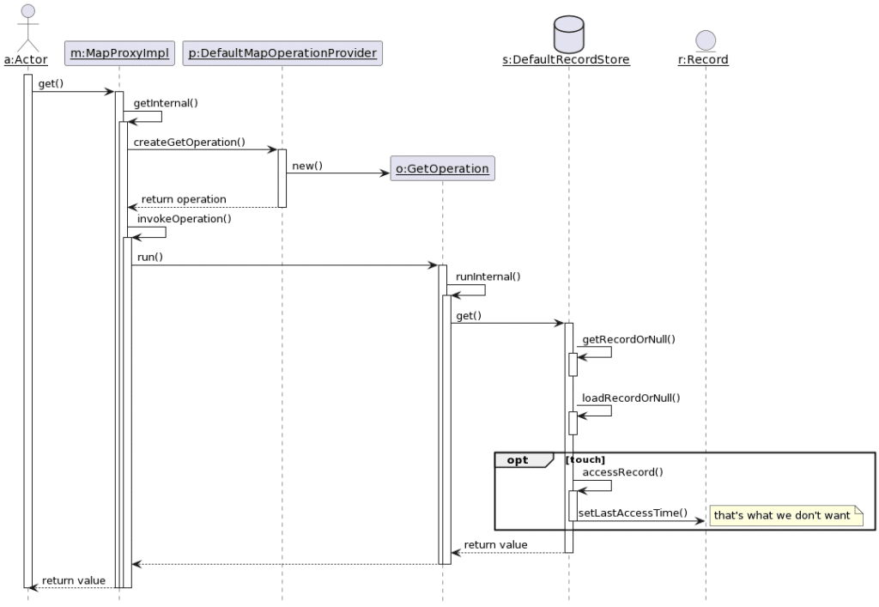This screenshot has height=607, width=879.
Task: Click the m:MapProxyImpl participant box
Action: pyautogui.click(x=119, y=53)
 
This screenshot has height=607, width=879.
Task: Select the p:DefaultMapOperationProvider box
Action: pyautogui.click(x=282, y=53)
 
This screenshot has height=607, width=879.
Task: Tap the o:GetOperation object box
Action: pyautogui.click(x=442, y=168)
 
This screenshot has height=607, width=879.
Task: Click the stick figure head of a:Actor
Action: pyautogui.click(x=27, y=12)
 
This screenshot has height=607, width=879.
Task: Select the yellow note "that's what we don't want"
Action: pyautogui.click(x=786, y=516)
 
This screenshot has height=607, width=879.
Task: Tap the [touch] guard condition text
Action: pyautogui.click(x=585, y=459)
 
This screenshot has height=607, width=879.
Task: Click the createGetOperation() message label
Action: pyautogui.click(x=190, y=143)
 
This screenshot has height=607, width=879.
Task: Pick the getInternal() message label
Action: pyautogui.click(x=166, y=103)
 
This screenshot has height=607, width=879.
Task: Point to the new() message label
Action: pyautogui.click(x=307, y=166)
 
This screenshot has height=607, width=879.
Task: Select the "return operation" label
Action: pyautogui.click(x=184, y=199)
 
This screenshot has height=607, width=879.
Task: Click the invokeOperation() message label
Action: pyautogui.click(x=185, y=219)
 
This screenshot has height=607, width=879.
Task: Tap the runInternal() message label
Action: pyautogui.click(x=488, y=276)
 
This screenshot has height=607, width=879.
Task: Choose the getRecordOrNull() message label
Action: pyautogui.click(x=629, y=340)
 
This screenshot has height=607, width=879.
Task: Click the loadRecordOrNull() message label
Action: pyautogui.click(x=631, y=398)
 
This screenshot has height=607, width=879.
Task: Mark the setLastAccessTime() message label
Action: pyautogui.click(x=633, y=513)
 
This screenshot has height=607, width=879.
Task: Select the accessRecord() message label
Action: pyautogui.click(x=623, y=472)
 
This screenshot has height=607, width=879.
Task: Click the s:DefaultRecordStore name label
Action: pyautogui.click(x=567, y=60)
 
